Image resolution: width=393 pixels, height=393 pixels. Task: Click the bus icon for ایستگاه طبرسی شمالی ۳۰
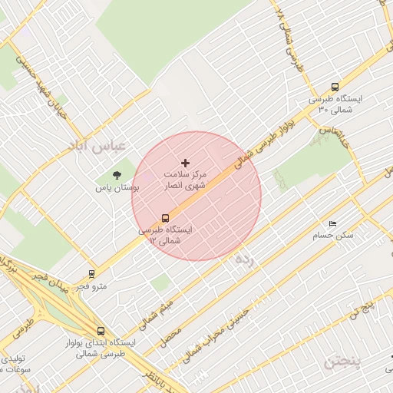334,87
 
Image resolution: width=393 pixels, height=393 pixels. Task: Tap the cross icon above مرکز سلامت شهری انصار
185,163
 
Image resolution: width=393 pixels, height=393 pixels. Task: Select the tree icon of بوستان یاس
117,176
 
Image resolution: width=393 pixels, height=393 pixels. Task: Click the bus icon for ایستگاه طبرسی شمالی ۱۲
165,218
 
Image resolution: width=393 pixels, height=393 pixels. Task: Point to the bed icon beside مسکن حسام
322,223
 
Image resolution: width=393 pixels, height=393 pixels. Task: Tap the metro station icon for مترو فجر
92,273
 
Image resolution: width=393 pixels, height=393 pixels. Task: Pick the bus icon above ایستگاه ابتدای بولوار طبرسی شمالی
101,331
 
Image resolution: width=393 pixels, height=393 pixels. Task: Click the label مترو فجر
89,287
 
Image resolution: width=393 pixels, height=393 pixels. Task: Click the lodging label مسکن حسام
333,235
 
